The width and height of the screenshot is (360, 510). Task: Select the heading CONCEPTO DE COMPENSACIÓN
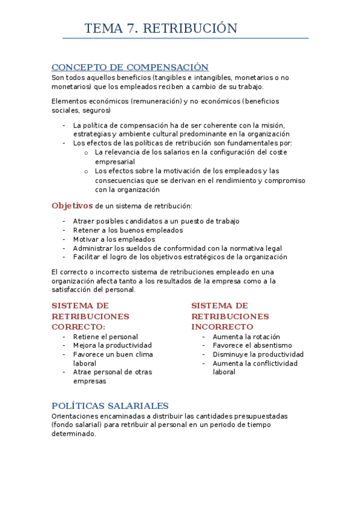(130, 67)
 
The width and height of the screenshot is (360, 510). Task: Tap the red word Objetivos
(72, 206)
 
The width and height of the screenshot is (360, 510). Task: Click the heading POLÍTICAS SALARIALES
(110, 406)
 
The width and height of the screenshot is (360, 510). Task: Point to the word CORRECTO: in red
(78, 327)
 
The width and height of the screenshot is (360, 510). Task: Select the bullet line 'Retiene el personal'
(105, 337)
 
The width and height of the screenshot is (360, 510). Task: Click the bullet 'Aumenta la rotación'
(246, 337)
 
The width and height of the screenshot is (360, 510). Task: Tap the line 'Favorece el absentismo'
(252, 346)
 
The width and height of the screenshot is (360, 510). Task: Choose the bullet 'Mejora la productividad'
(112, 346)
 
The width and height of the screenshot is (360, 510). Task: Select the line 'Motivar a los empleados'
(114, 239)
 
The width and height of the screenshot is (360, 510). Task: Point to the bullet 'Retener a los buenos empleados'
(127, 230)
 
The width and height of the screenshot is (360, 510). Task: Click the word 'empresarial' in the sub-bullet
(115, 162)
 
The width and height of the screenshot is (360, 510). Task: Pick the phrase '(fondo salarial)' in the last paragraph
(79, 425)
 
